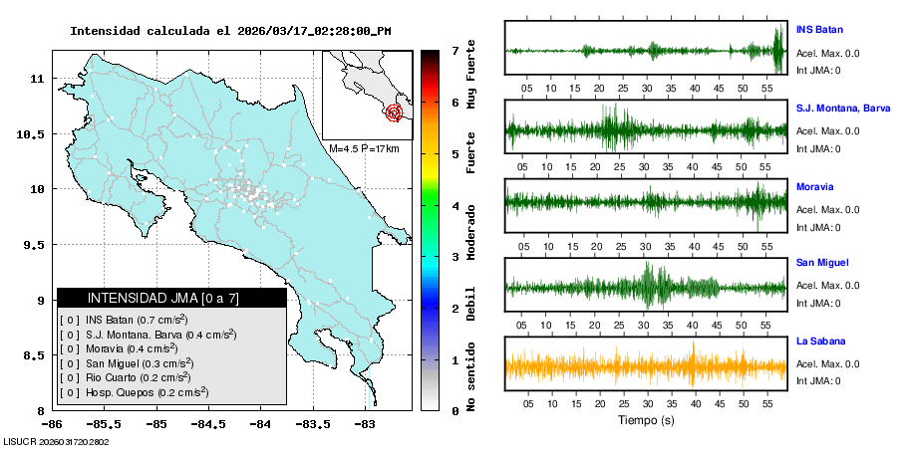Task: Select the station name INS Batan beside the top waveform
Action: coord(819,29)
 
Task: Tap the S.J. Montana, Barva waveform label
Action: coord(842,108)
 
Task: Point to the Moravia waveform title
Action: coord(814,186)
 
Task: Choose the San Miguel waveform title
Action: coord(821,263)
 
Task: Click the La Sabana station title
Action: coord(820,342)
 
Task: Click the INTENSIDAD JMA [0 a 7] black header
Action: coord(171,298)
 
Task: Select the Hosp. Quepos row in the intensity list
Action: coord(136,392)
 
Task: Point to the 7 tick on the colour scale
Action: coord(454,50)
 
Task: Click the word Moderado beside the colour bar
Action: coord(470,231)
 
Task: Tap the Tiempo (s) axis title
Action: coord(646,420)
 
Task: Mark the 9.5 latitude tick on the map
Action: coord(37,245)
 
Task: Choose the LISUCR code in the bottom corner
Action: coord(57,441)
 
